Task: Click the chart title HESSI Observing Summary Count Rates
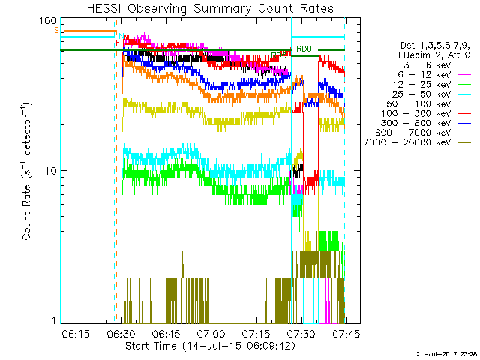203,7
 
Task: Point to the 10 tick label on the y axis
51,171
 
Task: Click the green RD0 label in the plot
304,49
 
